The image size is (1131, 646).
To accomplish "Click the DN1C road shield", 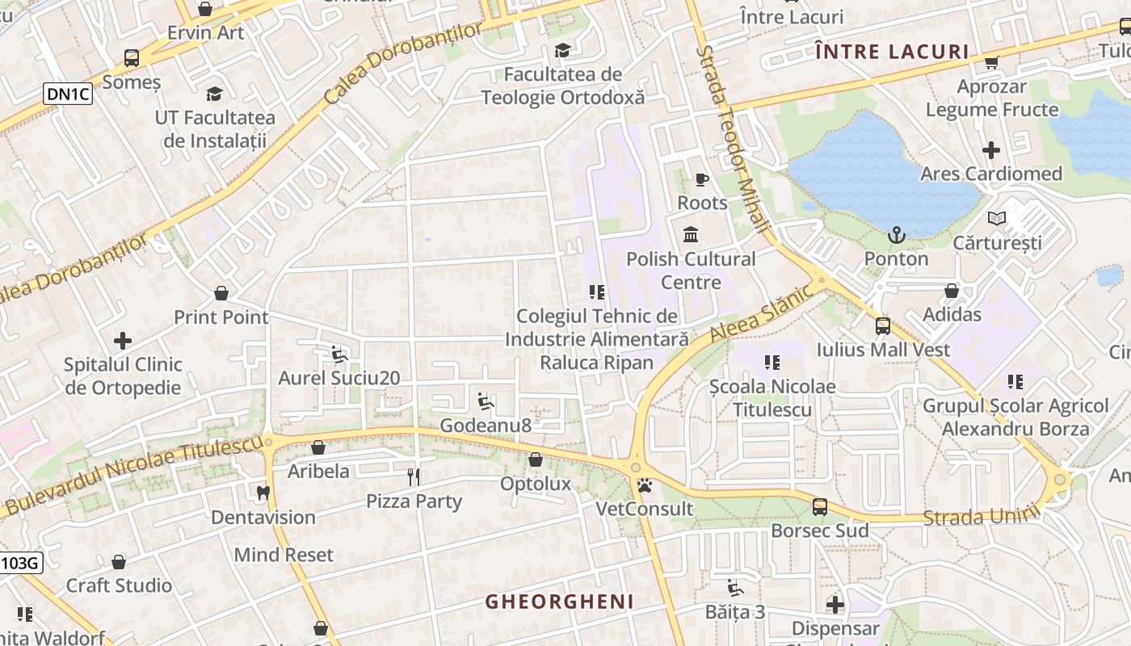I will click(x=69, y=94).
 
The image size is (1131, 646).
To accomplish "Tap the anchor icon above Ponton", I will click(x=897, y=236).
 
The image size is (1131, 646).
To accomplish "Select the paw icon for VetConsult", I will click(x=645, y=485).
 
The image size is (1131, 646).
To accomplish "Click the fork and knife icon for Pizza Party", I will click(x=414, y=477).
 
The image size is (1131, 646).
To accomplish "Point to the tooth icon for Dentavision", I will click(x=263, y=493).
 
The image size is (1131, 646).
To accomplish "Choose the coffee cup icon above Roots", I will click(x=701, y=179).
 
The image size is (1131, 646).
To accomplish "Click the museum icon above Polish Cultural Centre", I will click(x=691, y=235).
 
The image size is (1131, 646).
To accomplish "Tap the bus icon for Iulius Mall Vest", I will click(x=882, y=326).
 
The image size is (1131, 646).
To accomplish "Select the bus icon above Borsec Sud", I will click(x=819, y=507).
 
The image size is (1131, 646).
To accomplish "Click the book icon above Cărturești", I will click(x=997, y=219).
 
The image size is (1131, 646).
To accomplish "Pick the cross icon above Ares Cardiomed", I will click(x=990, y=150).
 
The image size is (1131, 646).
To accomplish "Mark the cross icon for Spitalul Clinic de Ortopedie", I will click(x=123, y=341).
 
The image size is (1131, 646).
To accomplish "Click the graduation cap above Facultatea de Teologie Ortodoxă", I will click(x=562, y=51).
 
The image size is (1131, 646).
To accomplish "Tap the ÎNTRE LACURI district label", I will click(x=892, y=52).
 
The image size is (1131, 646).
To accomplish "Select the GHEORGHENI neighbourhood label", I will click(x=559, y=602).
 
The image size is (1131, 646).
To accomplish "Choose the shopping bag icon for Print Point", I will click(x=221, y=293).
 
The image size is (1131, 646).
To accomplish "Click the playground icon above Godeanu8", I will click(x=485, y=401).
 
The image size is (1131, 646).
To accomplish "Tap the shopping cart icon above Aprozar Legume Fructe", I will click(x=991, y=62).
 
